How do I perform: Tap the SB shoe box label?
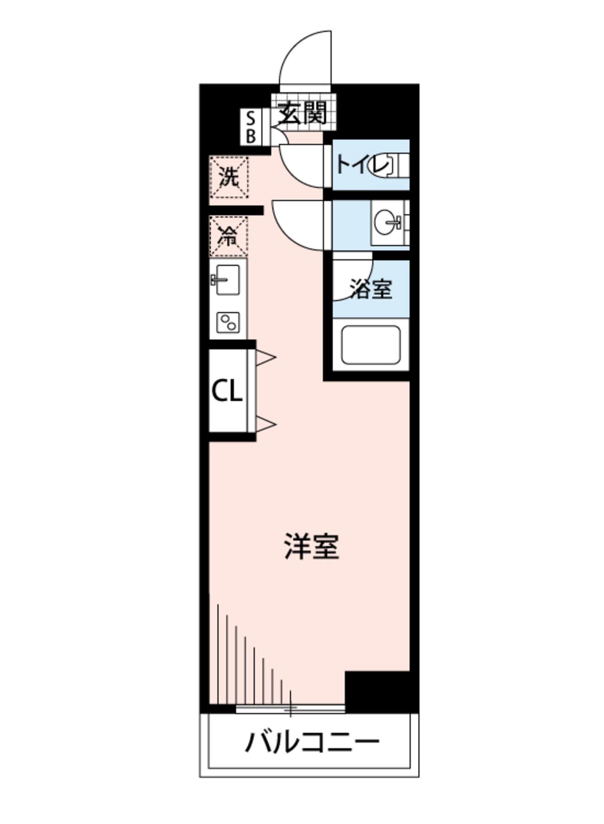tap(251, 128)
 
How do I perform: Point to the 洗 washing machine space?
tap(229, 177)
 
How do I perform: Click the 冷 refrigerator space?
tap(228, 236)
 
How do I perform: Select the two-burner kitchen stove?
tap(228, 322)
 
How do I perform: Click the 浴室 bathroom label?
tap(371, 289)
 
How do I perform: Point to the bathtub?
tap(371, 345)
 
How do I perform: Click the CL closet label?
tap(226, 391)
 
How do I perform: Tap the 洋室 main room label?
tap(312, 546)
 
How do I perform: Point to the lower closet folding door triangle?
tap(266, 424)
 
